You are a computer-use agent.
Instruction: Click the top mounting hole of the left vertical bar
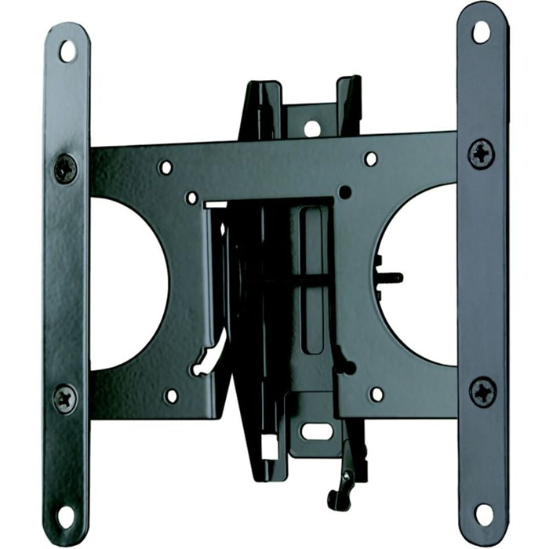[x=67, y=51]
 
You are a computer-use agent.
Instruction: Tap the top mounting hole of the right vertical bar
[x=480, y=31]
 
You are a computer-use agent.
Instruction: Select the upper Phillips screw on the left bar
[x=65, y=168]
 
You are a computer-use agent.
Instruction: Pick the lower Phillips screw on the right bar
[x=483, y=391]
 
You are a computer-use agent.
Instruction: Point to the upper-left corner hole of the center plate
[x=165, y=167]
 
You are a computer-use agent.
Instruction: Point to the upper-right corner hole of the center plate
[x=370, y=158]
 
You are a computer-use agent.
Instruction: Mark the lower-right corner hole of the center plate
[x=376, y=394]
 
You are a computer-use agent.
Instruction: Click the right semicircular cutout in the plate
[x=420, y=274]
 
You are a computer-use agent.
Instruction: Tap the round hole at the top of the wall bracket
[x=312, y=128]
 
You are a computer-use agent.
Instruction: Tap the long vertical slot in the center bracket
[x=311, y=278]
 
